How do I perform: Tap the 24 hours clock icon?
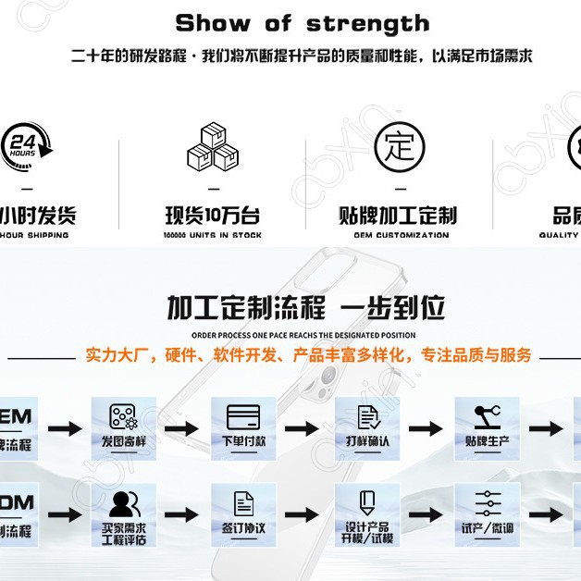pos(26,145)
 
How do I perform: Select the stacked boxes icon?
pos(213,147)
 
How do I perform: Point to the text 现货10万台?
pos(213,216)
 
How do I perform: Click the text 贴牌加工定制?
pos(399,216)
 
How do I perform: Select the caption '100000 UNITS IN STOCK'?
pos(213,235)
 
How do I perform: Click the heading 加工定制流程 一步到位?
pos(306,306)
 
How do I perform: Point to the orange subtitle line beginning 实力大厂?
pos(309,354)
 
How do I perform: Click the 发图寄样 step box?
pos(124,426)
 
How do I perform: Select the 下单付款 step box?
pos(243,426)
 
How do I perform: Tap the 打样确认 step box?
pos(367,426)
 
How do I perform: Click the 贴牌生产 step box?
pos(487,426)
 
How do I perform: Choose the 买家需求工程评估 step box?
pos(124,514)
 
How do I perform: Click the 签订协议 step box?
pos(243,513)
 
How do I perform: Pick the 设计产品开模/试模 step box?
pos(367,514)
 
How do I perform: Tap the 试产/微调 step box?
pos(487,513)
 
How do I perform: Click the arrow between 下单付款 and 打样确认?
pos(302,429)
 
